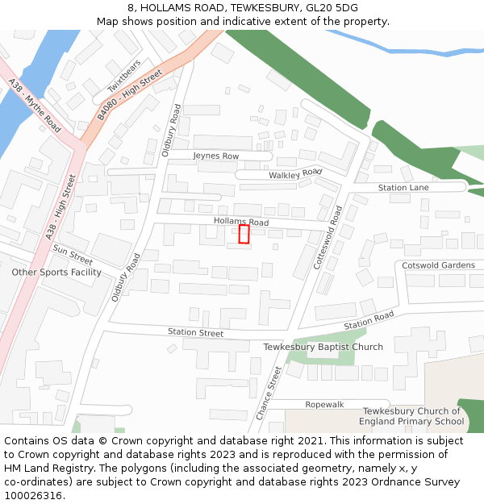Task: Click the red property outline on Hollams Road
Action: tap(244, 234)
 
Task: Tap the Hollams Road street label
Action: tap(241, 221)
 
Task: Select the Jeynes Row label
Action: tap(216, 156)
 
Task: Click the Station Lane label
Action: tap(403, 188)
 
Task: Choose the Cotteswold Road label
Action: tap(329, 237)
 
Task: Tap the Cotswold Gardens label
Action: tap(439, 265)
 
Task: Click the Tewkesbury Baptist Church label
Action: tap(323, 347)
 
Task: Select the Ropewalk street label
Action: tap(324, 404)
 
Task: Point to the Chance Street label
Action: tap(270, 393)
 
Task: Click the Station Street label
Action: tap(195, 332)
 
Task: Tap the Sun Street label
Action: tap(73, 254)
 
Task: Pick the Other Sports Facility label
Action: tap(56, 272)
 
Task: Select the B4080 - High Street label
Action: tap(130, 95)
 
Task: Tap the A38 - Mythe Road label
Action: tap(35, 106)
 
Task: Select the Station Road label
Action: tap(369, 319)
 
